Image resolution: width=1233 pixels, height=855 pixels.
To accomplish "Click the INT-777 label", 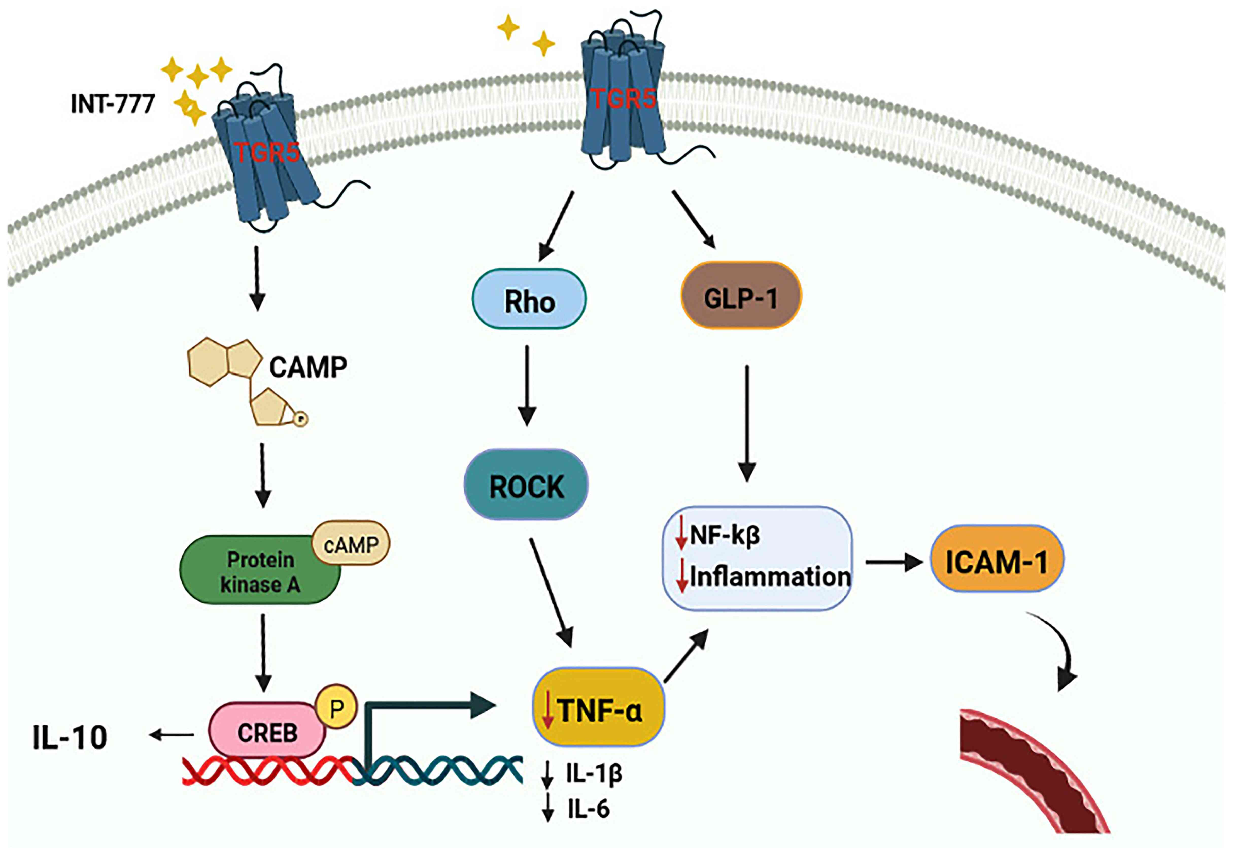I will (x=113, y=103).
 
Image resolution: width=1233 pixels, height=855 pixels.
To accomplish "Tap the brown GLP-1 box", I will (x=741, y=296).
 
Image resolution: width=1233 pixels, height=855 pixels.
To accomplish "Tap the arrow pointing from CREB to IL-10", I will (x=172, y=735).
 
